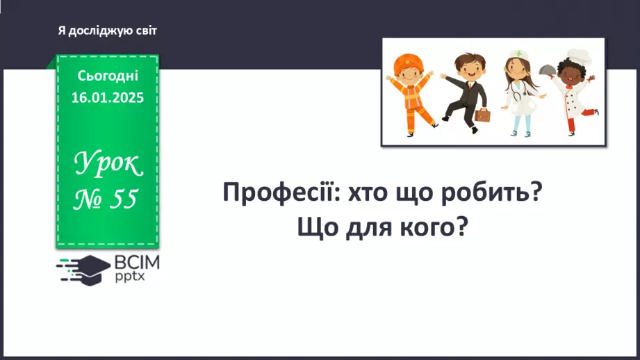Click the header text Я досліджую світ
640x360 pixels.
[107, 31]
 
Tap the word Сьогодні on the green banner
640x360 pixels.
[108, 76]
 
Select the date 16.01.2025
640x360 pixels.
[108, 97]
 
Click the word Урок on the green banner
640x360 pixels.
[108, 163]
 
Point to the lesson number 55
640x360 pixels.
[124, 199]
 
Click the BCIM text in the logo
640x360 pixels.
[137, 263]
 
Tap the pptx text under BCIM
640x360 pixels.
[130, 277]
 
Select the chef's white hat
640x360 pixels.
[579, 57]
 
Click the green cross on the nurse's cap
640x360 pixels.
[519, 54]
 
